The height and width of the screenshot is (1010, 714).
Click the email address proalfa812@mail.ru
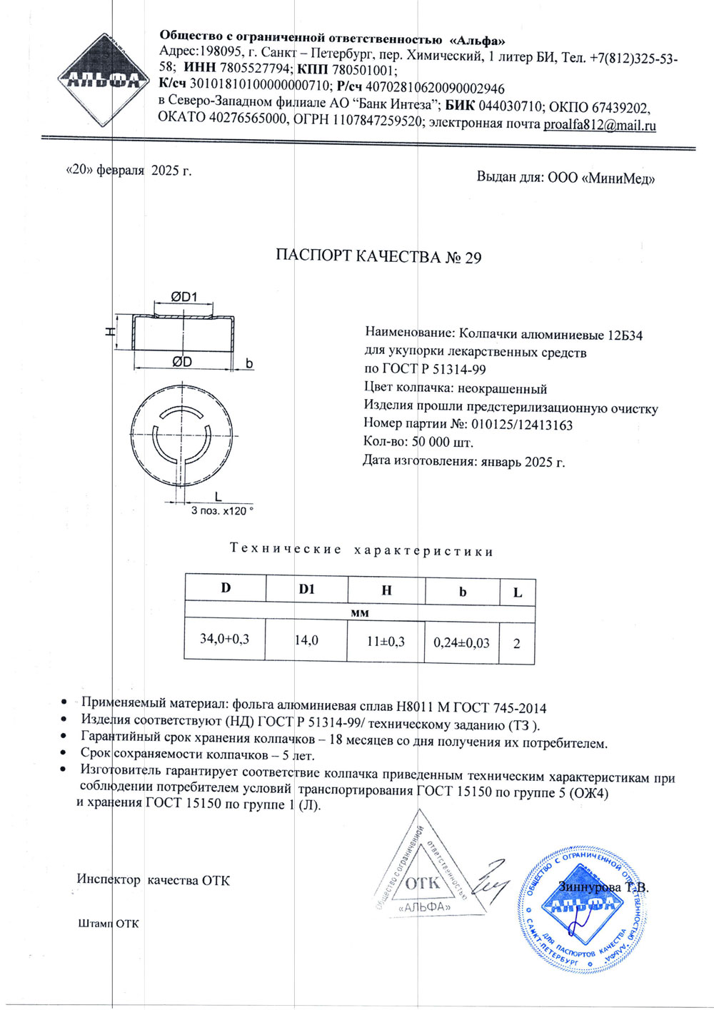click(600, 125)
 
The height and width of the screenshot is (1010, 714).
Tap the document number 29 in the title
click(473, 258)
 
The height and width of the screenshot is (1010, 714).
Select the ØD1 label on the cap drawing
click(183, 298)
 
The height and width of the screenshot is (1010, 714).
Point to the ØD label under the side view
click(182, 362)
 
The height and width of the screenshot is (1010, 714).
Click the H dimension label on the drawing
click(110, 330)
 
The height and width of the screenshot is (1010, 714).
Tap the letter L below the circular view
click(217, 495)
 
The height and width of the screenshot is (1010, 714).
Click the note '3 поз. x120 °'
click(222, 511)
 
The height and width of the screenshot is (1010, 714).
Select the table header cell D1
click(307, 589)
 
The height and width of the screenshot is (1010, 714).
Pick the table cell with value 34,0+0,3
click(224, 638)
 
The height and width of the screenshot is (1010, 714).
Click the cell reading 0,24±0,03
click(461, 642)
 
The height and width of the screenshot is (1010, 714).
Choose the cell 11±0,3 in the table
click(386, 641)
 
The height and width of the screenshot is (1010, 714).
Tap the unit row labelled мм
click(360, 612)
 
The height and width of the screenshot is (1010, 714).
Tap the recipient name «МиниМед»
click(619, 178)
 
